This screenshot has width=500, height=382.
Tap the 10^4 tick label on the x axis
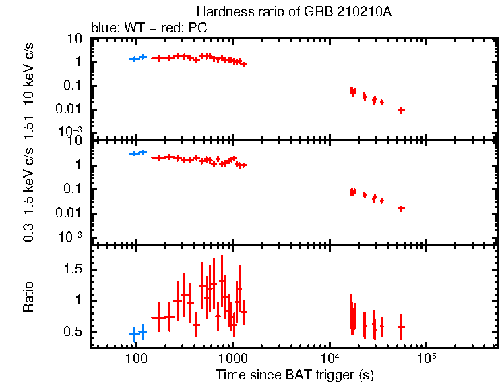[x=330, y=358]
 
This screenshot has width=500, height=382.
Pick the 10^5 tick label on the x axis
[x=426, y=358]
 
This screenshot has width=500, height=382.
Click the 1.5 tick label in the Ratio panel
[x=73, y=269]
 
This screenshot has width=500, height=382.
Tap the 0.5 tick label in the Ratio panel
[x=73, y=333]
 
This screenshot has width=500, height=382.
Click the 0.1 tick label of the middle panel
[x=73, y=189]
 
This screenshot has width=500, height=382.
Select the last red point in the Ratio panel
[x=401, y=327]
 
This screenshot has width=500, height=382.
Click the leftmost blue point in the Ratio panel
[x=134, y=334]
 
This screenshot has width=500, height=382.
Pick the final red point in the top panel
[x=401, y=109]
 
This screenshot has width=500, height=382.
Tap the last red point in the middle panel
[x=401, y=209]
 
